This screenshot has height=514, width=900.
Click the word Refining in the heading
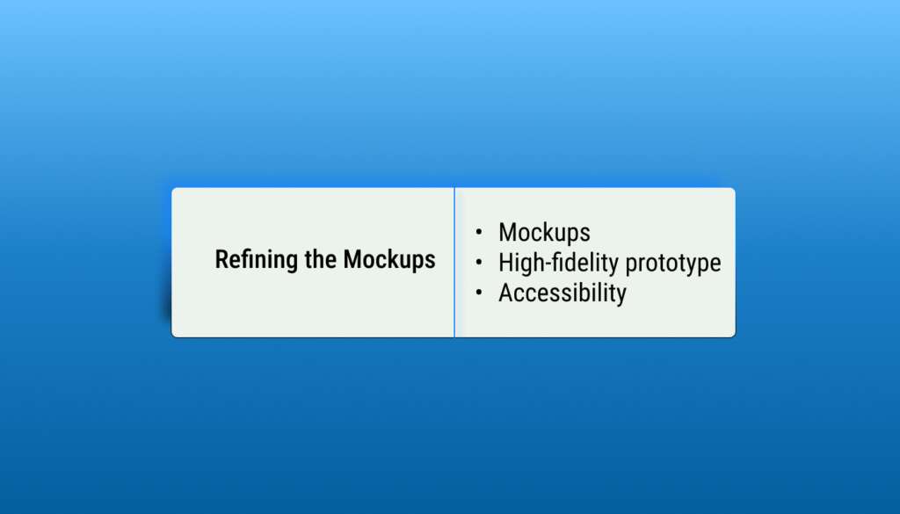(258, 259)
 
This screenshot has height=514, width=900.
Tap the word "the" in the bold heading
(321, 258)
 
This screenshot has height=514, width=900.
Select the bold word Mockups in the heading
(389, 260)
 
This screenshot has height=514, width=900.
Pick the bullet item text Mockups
(544, 233)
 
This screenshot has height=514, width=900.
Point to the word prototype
(672, 264)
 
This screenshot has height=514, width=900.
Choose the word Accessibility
(562, 293)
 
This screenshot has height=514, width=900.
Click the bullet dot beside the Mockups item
(479, 232)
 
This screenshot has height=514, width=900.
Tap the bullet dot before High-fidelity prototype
(479, 262)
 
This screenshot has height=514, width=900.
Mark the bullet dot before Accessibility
(479, 293)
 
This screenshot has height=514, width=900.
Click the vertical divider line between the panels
(454, 262)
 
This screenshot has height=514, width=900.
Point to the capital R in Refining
(221, 259)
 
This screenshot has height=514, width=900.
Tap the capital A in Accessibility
(506, 293)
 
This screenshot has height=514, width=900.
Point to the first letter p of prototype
(631, 266)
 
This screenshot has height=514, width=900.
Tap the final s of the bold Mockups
(431, 262)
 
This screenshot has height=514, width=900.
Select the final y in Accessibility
(621, 297)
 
